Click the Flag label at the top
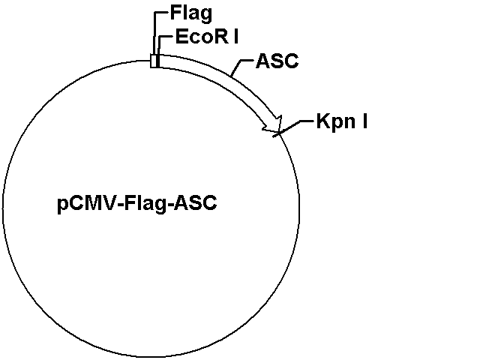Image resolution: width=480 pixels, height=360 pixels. point(191,14)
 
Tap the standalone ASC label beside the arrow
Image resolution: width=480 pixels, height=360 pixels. point(277,61)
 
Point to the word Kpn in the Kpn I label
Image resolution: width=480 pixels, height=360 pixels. point(336,122)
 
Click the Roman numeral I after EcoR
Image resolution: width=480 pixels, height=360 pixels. point(235,37)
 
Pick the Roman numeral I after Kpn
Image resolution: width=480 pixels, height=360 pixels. point(364,121)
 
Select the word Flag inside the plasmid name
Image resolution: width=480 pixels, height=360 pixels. point(146,203)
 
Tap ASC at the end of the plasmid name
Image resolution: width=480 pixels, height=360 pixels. point(196,203)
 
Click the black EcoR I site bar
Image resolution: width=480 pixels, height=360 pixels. point(157,61)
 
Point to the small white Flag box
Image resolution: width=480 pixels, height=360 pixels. point(153,61)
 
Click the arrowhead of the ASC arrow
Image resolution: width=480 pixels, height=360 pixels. point(272,124)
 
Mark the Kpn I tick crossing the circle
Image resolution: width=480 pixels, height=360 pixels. point(278,133)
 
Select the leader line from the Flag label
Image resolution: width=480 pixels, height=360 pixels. point(154,33)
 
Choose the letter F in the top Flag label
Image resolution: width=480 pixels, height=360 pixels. point(175,13)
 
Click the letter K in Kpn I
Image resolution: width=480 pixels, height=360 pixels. point(322,121)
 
